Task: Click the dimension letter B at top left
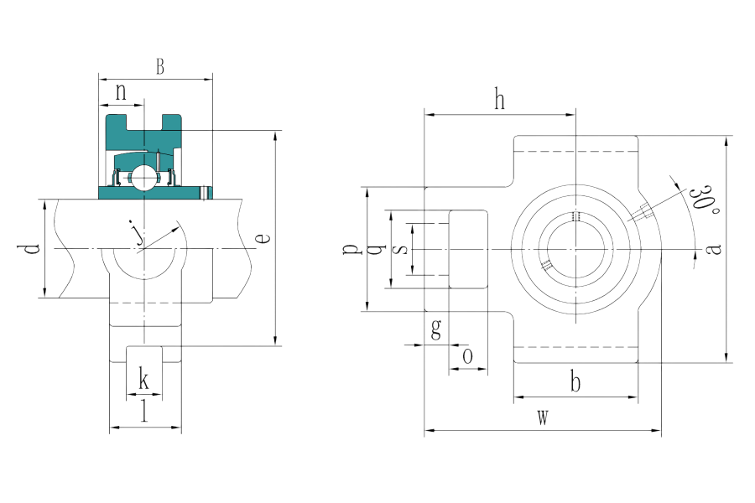160,68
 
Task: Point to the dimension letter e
263,238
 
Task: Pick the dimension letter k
144,381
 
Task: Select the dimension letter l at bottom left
144,412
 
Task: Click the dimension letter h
500,101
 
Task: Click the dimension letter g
435,329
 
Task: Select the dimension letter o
468,355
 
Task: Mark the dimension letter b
575,384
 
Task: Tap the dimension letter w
543,418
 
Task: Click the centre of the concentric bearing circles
576,249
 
